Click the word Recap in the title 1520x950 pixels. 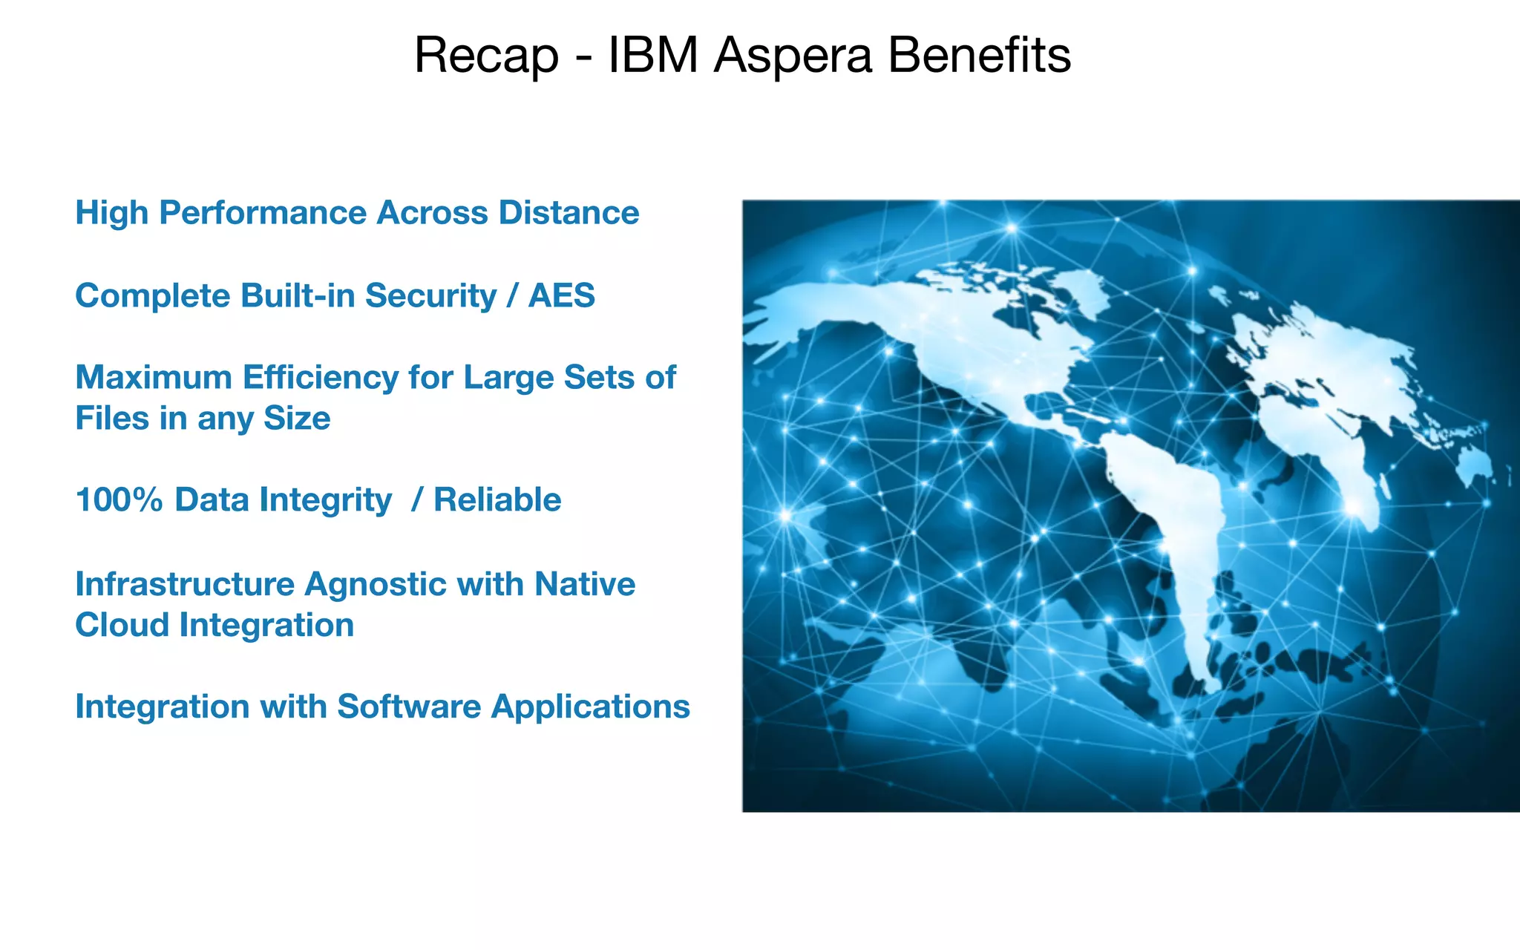point(486,56)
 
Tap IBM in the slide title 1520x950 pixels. point(653,56)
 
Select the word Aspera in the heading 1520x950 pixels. point(793,56)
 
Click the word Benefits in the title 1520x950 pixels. point(979,56)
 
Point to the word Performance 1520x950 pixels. point(263,213)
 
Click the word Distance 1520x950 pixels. point(569,213)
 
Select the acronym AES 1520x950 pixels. point(561,295)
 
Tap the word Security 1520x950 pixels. point(430,295)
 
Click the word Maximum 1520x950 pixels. point(154,378)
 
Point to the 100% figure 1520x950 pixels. point(119,500)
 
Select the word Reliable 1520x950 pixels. point(497,500)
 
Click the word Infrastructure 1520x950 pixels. point(185,585)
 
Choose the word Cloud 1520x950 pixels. point(122,625)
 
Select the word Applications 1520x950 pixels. point(591,707)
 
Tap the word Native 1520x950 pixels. point(585,585)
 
